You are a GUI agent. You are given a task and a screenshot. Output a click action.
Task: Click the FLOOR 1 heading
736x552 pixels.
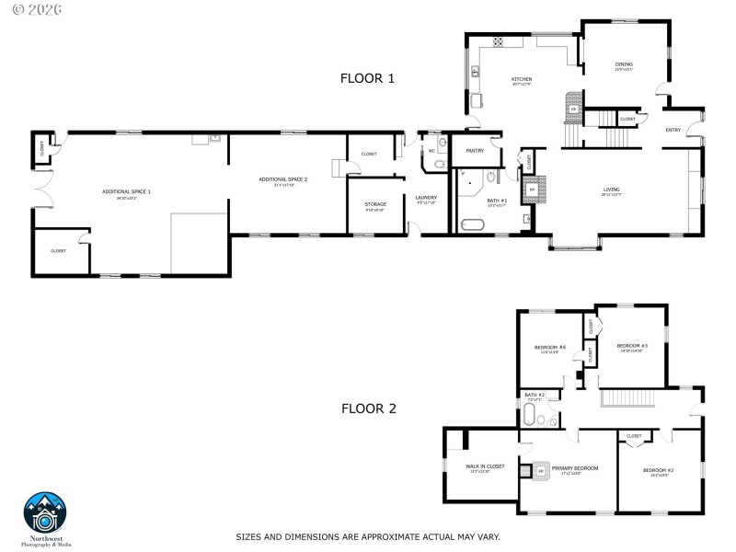[367, 79]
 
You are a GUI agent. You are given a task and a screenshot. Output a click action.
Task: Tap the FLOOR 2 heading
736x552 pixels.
[368, 408]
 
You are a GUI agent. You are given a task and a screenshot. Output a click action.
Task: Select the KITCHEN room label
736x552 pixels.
[522, 80]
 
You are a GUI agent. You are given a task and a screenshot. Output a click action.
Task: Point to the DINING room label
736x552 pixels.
[624, 64]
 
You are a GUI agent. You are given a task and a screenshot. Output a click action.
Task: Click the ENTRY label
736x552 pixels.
[673, 130]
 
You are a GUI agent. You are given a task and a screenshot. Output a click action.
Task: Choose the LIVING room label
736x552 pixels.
[611, 190]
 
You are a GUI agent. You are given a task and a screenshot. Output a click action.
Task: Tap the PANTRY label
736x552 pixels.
[475, 150]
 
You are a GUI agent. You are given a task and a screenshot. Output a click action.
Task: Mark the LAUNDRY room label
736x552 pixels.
[426, 198]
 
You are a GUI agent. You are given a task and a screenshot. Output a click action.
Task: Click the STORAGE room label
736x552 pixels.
[375, 204]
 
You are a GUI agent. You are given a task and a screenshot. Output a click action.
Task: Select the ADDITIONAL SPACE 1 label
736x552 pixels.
[126, 191]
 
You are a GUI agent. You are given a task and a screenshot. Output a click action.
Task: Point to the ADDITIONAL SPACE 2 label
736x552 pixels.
[282, 179]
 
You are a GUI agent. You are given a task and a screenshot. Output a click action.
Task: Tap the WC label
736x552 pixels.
[431, 151]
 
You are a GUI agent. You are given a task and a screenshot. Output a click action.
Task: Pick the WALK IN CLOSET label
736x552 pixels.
[485, 466]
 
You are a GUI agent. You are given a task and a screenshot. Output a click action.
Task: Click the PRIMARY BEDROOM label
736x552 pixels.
[574, 468]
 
